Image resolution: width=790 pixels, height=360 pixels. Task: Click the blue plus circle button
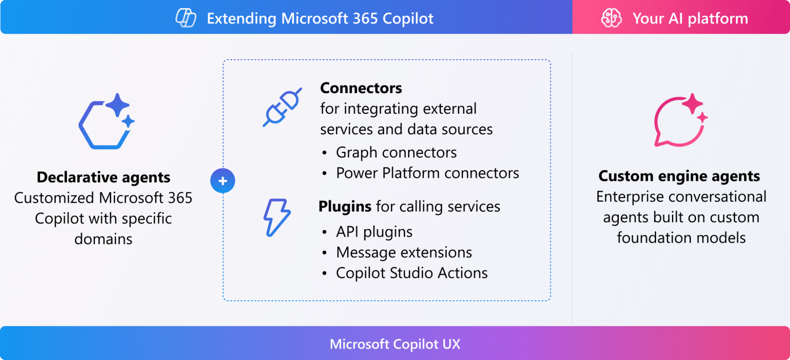(x=223, y=181)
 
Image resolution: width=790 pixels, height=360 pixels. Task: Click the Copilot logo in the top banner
(x=186, y=18)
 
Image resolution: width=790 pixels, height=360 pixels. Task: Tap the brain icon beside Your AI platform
(x=611, y=18)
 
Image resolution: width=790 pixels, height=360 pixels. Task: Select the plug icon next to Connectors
(x=282, y=107)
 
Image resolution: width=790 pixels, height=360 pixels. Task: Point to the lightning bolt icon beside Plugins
(x=276, y=218)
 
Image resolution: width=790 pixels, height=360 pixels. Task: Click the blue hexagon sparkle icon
(x=107, y=121)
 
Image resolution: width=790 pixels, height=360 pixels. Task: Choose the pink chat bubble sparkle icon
(x=681, y=120)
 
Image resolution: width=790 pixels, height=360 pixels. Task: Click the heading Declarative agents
(x=104, y=177)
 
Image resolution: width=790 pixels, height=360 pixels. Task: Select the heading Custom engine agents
(x=679, y=176)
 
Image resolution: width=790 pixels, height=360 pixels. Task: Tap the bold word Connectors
(x=361, y=88)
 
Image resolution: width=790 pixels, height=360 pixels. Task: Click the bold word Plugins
(x=345, y=206)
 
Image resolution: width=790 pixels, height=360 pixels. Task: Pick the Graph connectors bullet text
(x=396, y=152)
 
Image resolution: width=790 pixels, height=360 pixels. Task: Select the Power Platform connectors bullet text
(x=427, y=173)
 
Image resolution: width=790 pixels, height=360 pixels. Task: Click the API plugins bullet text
(x=374, y=232)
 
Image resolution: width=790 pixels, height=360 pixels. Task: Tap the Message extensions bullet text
(x=404, y=252)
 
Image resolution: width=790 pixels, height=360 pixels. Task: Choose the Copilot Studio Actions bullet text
(x=412, y=273)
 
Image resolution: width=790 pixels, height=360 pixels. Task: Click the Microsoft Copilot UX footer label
(x=395, y=344)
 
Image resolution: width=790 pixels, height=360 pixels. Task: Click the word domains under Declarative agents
(x=104, y=239)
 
